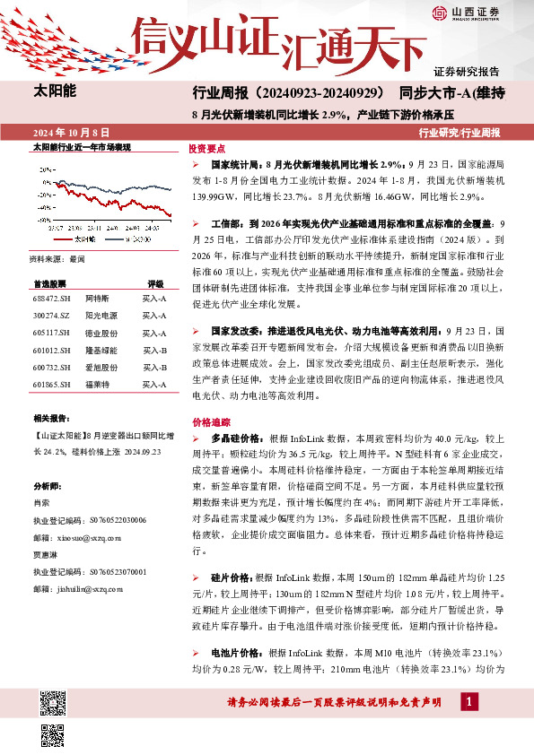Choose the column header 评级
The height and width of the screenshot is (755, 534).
(155, 282)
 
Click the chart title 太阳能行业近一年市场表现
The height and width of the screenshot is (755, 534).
(82, 146)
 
